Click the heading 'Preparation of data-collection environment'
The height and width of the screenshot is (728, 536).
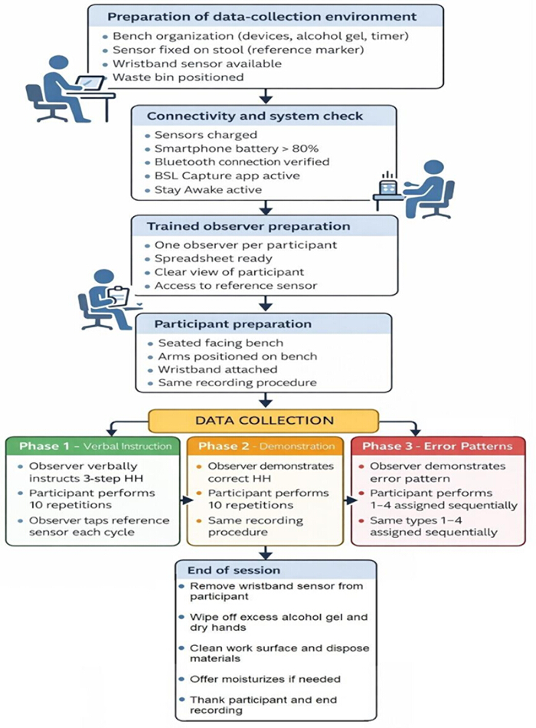coord(262,17)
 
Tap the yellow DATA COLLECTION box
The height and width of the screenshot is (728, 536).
coord(263,421)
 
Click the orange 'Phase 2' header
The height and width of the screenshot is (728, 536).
coord(266,446)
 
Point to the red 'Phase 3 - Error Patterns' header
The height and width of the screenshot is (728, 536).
coord(438,446)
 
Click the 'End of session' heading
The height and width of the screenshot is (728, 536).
coord(234,570)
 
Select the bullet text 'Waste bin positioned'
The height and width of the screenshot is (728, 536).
coord(178,77)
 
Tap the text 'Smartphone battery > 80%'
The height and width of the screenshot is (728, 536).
coord(237,149)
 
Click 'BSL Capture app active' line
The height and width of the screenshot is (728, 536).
coord(227,176)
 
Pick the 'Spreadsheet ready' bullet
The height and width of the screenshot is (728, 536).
coord(214,258)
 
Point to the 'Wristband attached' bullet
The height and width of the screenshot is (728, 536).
coord(217,369)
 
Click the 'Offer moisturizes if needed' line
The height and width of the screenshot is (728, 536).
coord(265,679)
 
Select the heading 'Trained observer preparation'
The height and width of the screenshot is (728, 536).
coord(249,227)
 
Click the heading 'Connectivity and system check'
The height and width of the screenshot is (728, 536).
coord(255,116)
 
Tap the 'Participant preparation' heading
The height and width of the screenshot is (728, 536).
coord(233,324)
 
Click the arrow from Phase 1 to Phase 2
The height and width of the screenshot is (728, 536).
coord(186,500)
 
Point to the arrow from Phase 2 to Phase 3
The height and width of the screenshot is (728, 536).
coord(351,500)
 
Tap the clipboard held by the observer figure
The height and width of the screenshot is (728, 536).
coord(118,294)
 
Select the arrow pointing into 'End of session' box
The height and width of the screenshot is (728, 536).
coord(266,553)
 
